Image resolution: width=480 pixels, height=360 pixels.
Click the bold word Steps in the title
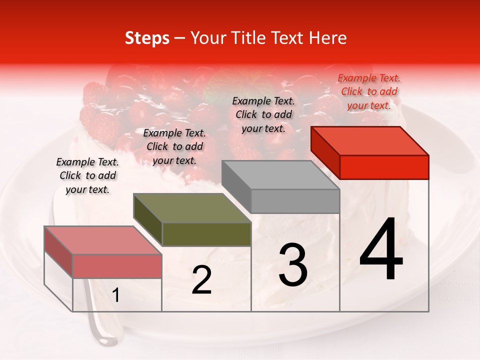pos(147,38)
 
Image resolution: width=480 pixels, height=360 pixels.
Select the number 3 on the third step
pos(293,265)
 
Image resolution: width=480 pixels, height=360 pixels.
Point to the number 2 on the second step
pos(201,280)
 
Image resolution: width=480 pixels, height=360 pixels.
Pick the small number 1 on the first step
pos(116,295)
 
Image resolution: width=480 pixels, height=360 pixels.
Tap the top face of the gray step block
pos(280,175)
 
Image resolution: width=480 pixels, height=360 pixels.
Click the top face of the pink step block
pos(102,240)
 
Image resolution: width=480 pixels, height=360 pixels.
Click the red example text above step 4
pos(369,91)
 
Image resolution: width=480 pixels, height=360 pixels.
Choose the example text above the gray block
pos(263,114)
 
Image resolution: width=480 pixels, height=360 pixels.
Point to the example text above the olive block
pos(174,146)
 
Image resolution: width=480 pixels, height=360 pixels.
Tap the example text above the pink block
pos(87,175)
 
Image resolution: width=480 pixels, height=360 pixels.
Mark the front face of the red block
pos(384,166)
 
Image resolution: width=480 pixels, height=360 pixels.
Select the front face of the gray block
pos(295,201)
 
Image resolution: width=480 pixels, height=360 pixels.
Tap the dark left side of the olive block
pos(147,220)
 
